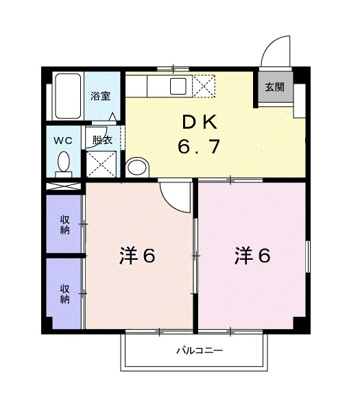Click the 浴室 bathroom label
pos(100,96)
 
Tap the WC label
pos(64,141)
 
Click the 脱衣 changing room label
pos(101,141)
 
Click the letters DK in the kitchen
pos(200,124)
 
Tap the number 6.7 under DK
pos(200,147)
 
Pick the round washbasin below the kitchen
pos(138,167)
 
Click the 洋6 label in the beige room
pos(138,256)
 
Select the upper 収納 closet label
pos(64,225)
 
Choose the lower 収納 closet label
pos(64,294)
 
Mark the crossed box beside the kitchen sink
pos(204,86)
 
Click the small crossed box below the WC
pos(64,186)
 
